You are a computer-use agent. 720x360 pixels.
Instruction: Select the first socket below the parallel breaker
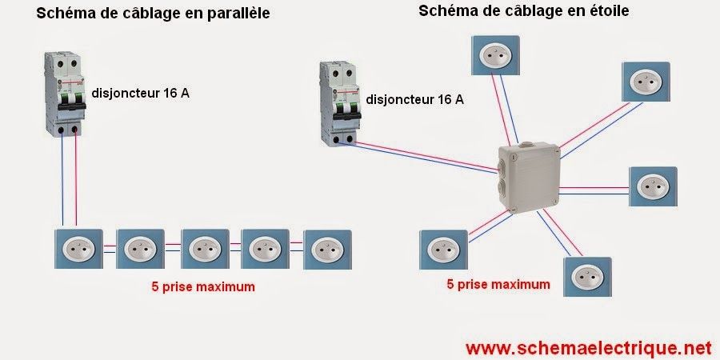[x=78, y=250]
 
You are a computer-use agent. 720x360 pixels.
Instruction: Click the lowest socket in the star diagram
[x=586, y=277]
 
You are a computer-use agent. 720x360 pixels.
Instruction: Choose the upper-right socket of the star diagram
[x=644, y=81]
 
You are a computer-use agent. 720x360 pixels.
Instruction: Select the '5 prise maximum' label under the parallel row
[x=203, y=286]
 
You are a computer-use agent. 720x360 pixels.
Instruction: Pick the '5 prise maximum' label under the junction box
[x=498, y=283]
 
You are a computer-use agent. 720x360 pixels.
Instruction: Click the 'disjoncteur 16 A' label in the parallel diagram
[x=141, y=94]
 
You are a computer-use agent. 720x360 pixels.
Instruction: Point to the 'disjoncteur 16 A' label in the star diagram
[x=414, y=100]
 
